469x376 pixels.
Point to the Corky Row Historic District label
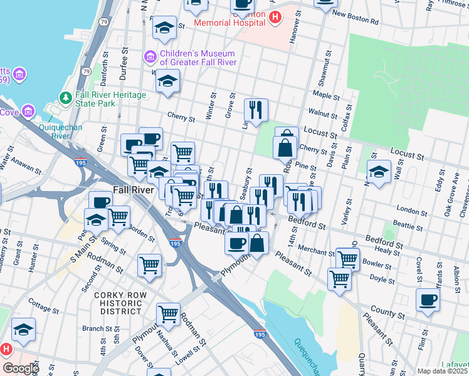120,303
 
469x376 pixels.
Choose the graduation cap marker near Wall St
379,171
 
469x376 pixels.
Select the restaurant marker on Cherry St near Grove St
256,109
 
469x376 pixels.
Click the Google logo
20,368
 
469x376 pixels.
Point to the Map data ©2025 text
442,371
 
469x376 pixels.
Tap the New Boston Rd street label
356,18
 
